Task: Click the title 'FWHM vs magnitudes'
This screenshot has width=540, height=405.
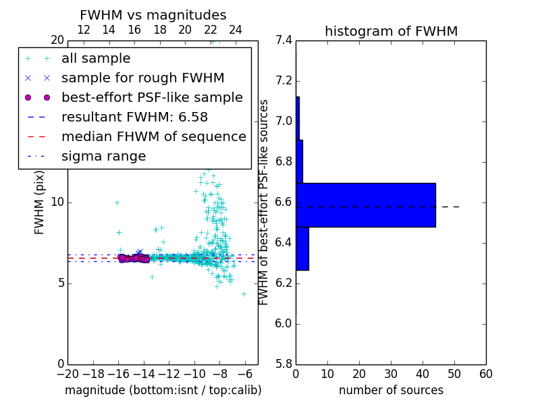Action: [153, 16]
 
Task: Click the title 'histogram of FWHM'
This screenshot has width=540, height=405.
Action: [391, 32]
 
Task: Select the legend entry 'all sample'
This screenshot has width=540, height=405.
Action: [96, 59]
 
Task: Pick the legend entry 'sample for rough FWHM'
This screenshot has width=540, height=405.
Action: [142, 78]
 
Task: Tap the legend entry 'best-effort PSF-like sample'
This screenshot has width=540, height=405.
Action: [152, 98]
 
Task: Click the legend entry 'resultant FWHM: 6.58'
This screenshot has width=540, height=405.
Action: [134, 117]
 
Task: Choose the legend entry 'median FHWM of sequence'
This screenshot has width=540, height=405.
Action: [153, 137]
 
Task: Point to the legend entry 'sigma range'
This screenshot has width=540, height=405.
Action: [103, 157]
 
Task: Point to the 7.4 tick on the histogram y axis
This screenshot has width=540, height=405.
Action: [284, 40]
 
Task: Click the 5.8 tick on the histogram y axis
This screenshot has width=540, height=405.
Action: [284, 364]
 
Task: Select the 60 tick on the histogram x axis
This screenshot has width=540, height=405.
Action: [485, 374]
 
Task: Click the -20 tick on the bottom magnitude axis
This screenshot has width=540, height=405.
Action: [67, 374]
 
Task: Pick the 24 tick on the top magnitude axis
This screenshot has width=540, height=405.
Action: [236, 30]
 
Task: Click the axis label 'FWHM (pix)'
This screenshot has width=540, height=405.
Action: [40, 202]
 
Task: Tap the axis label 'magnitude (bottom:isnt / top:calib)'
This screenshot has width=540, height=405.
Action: [163, 390]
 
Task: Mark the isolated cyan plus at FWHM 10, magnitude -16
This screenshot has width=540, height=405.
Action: [117, 202]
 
